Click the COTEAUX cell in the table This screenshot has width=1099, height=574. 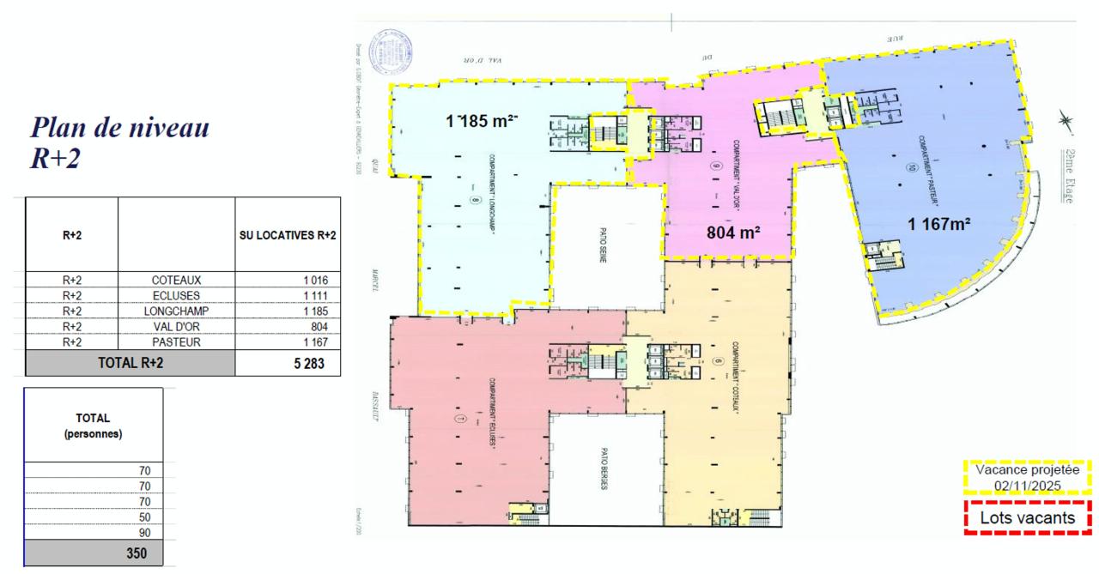tap(176, 280)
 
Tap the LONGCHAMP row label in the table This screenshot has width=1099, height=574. tap(176, 311)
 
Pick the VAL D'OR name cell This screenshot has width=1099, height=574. tap(176, 326)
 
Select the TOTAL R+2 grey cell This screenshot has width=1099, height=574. tap(130, 362)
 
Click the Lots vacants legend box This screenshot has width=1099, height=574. tap(1027, 519)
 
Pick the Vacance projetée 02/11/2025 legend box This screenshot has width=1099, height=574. tap(1027, 478)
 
